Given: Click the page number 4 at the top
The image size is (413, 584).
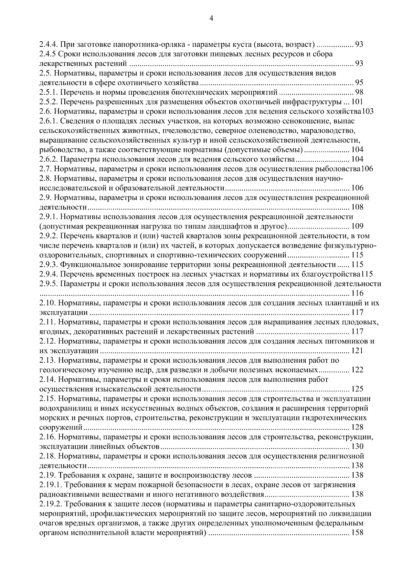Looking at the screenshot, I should tap(211, 19).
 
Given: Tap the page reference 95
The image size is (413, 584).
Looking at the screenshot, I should tap(359, 83).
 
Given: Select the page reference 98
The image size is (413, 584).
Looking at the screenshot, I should tap(359, 92).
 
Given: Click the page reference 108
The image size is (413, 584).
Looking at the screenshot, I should tap(357, 207).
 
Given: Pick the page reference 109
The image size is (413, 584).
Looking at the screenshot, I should tap(357, 226).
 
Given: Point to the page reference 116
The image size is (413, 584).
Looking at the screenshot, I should tap(357, 294).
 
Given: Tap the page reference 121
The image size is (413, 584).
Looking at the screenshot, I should tap(357, 351).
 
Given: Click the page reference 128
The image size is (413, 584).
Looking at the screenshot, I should tap(357, 427).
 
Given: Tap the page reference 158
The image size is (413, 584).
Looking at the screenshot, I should tap(357, 533).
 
